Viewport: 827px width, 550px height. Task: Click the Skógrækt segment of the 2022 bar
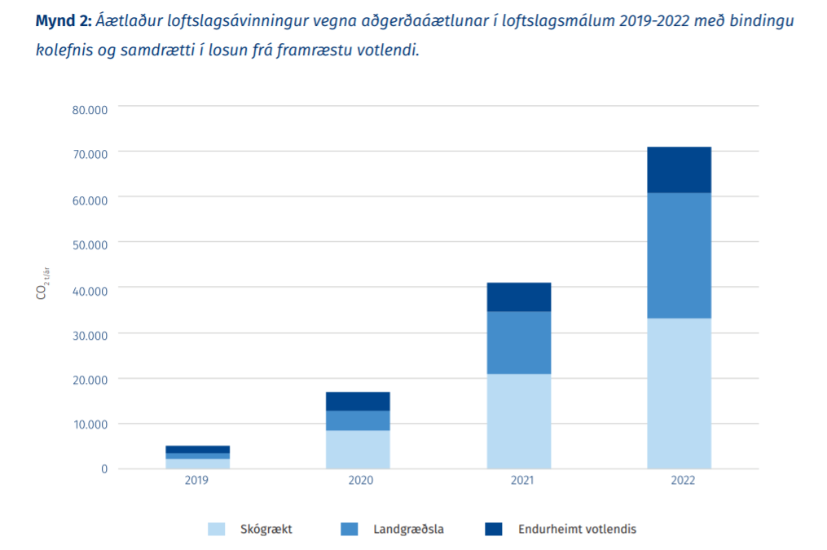679,393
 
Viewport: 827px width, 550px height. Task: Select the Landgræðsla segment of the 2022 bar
679,255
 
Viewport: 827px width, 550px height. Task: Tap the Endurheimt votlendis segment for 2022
679,169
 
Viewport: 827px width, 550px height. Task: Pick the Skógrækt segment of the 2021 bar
519,420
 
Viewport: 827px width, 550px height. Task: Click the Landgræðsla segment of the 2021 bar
519,342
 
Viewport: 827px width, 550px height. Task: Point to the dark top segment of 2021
519,297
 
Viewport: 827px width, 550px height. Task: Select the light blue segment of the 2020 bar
358,449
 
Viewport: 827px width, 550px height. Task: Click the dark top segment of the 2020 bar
358,401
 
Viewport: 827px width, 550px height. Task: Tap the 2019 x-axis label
196,481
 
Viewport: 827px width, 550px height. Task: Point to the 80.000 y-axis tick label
90,110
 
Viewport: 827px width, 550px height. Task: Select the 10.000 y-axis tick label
90,424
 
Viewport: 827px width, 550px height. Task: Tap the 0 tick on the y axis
104,469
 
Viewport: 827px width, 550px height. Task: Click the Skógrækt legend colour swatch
217,529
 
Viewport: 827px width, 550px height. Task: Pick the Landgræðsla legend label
409,529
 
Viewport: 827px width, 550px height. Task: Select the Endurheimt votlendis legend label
577,529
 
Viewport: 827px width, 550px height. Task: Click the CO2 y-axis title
42,287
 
